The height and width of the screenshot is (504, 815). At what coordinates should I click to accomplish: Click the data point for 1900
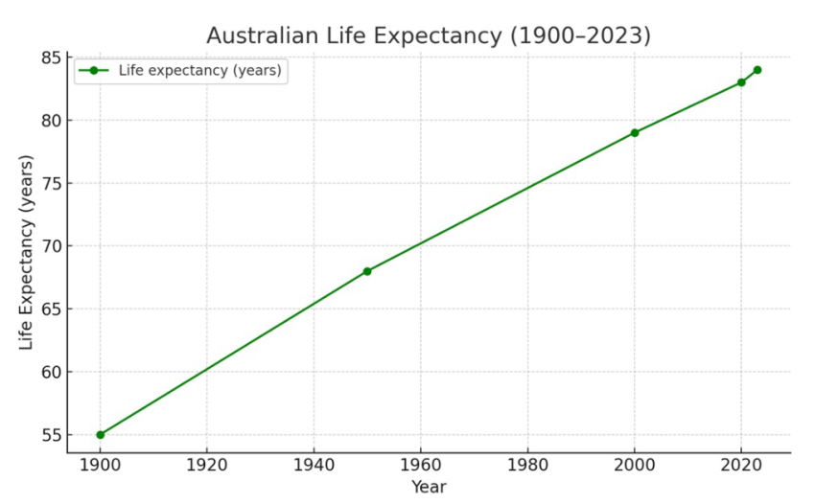pyautogui.click(x=100, y=435)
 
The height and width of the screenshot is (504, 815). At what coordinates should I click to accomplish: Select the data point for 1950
pyautogui.click(x=367, y=271)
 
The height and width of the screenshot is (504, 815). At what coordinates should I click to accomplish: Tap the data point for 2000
pyautogui.click(x=635, y=133)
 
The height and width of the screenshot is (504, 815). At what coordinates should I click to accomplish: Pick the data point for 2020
pyautogui.click(x=741, y=82)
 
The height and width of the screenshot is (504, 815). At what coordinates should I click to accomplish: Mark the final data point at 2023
pyautogui.click(x=757, y=70)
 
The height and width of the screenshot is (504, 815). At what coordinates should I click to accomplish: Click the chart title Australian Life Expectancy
pyautogui.click(x=429, y=35)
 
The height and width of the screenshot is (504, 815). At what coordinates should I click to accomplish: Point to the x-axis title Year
pyautogui.click(x=429, y=487)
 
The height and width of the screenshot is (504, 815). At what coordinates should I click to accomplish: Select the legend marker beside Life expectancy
pyautogui.click(x=93, y=70)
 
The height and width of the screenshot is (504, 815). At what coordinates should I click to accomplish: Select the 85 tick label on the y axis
pyautogui.click(x=50, y=57)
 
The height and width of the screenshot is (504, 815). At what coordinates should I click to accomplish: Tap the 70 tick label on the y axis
pyautogui.click(x=50, y=246)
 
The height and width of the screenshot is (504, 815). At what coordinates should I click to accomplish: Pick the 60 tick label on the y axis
pyautogui.click(x=50, y=373)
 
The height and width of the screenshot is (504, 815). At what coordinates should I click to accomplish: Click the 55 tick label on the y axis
pyautogui.click(x=50, y=436)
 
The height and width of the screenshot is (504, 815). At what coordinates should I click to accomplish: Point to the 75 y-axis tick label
pyautogui.click(x=50, y=184)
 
